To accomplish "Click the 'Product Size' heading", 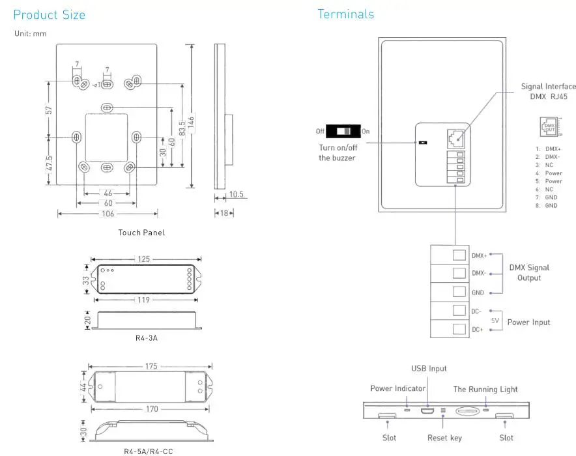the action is click(50, 15).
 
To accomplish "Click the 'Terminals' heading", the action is click(346, 14).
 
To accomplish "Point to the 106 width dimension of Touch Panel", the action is click(108, 214).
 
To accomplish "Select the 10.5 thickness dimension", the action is click(237, 194).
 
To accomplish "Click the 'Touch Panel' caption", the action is click(141, 233).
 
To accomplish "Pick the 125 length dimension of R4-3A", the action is click(143, 259).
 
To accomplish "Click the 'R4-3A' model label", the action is click(146, 338).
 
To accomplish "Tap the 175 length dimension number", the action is click(151, 366).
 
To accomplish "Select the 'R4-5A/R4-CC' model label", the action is click(148, 451).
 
